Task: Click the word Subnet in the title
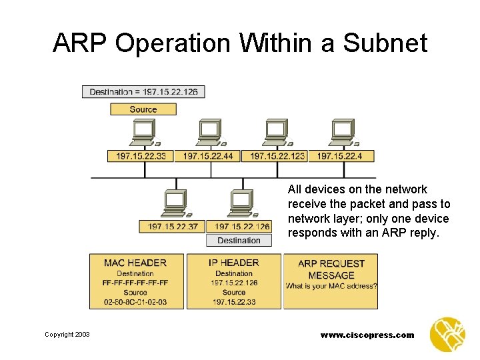pos(385,43)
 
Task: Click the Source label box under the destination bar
pos(143,109)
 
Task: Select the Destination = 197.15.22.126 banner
pos(143,91)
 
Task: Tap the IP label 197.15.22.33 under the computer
pos(140,156)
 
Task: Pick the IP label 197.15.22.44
pos(207,156)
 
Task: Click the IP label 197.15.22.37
pos(173,227)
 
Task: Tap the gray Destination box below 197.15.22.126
pos(239,240)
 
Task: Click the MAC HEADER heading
pos(135,263)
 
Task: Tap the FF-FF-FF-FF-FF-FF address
pos(135,283)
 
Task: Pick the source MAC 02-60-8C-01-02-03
pos(135,302)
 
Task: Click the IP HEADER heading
pos(234,263)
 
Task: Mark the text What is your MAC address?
pos(331,286)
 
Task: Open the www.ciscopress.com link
pos(367,335)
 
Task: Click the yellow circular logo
pos(447,334)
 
